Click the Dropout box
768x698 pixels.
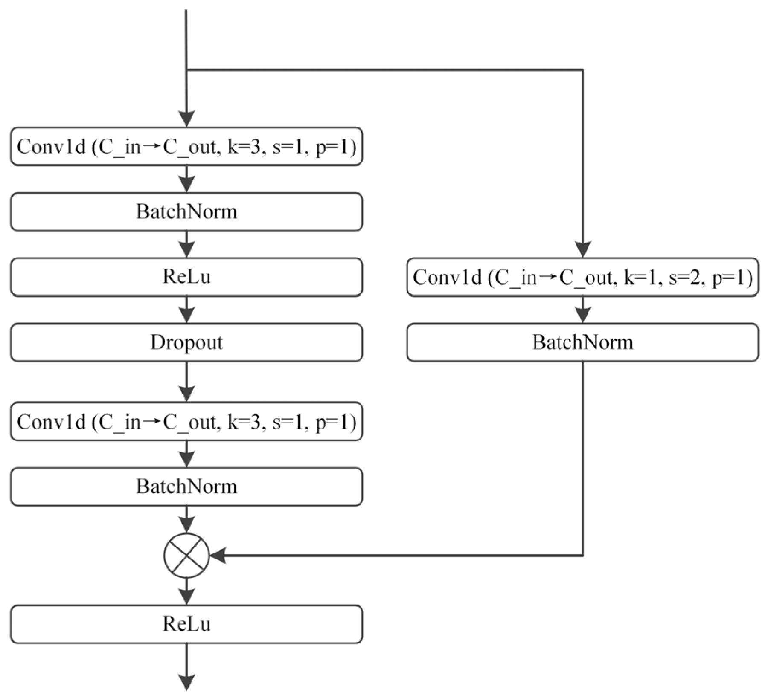pyautogui.click(x=186, y=342)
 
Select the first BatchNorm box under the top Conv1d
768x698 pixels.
pyautogui.click(x=186, y=211)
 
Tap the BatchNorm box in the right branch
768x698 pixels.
pyautogui.click(x=582, y=342)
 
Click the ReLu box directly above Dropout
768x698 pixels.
pyautogui.click(x=186, y=277)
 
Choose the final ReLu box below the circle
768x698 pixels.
pyautogui.click(x=186, y=624)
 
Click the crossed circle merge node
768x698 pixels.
pyautogui.click(x=186, y=556)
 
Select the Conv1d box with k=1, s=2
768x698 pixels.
pyautogui.click(x=582, y=277)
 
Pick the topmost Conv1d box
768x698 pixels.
pyautogui.click(x=186, y=146)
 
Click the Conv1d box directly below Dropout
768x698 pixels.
pyautogui.click(x=186, y=421)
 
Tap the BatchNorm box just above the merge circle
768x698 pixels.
pyautogui.click(x=186, y=487)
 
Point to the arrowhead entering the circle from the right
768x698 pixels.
pyautogui.click(x=218, y=556)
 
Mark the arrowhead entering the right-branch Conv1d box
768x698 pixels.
pyautogui.click(x=583, y=249)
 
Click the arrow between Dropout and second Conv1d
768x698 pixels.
pyautogui.click(x=186, y=382)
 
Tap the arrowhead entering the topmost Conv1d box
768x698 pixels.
pyautogui.click(x=186, y=118)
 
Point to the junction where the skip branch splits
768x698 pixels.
pyautogui.click(x=186, y=70)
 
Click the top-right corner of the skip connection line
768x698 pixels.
pyautogui.click(x=583, y=70)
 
